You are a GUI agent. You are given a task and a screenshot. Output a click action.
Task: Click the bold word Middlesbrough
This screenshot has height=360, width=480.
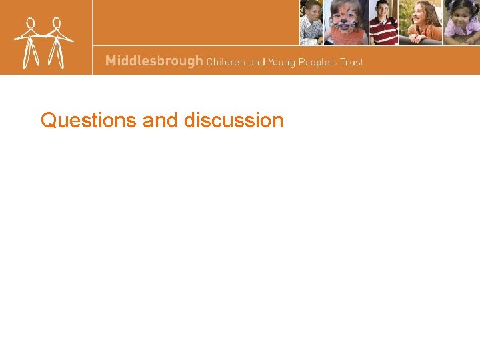154,61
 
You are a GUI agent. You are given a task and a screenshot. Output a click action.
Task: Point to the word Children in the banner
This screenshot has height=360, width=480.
225,62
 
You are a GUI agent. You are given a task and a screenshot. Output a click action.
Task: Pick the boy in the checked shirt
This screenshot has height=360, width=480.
311,23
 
